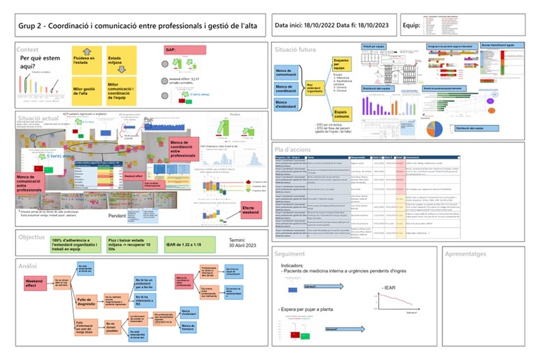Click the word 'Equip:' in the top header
(412, 27)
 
